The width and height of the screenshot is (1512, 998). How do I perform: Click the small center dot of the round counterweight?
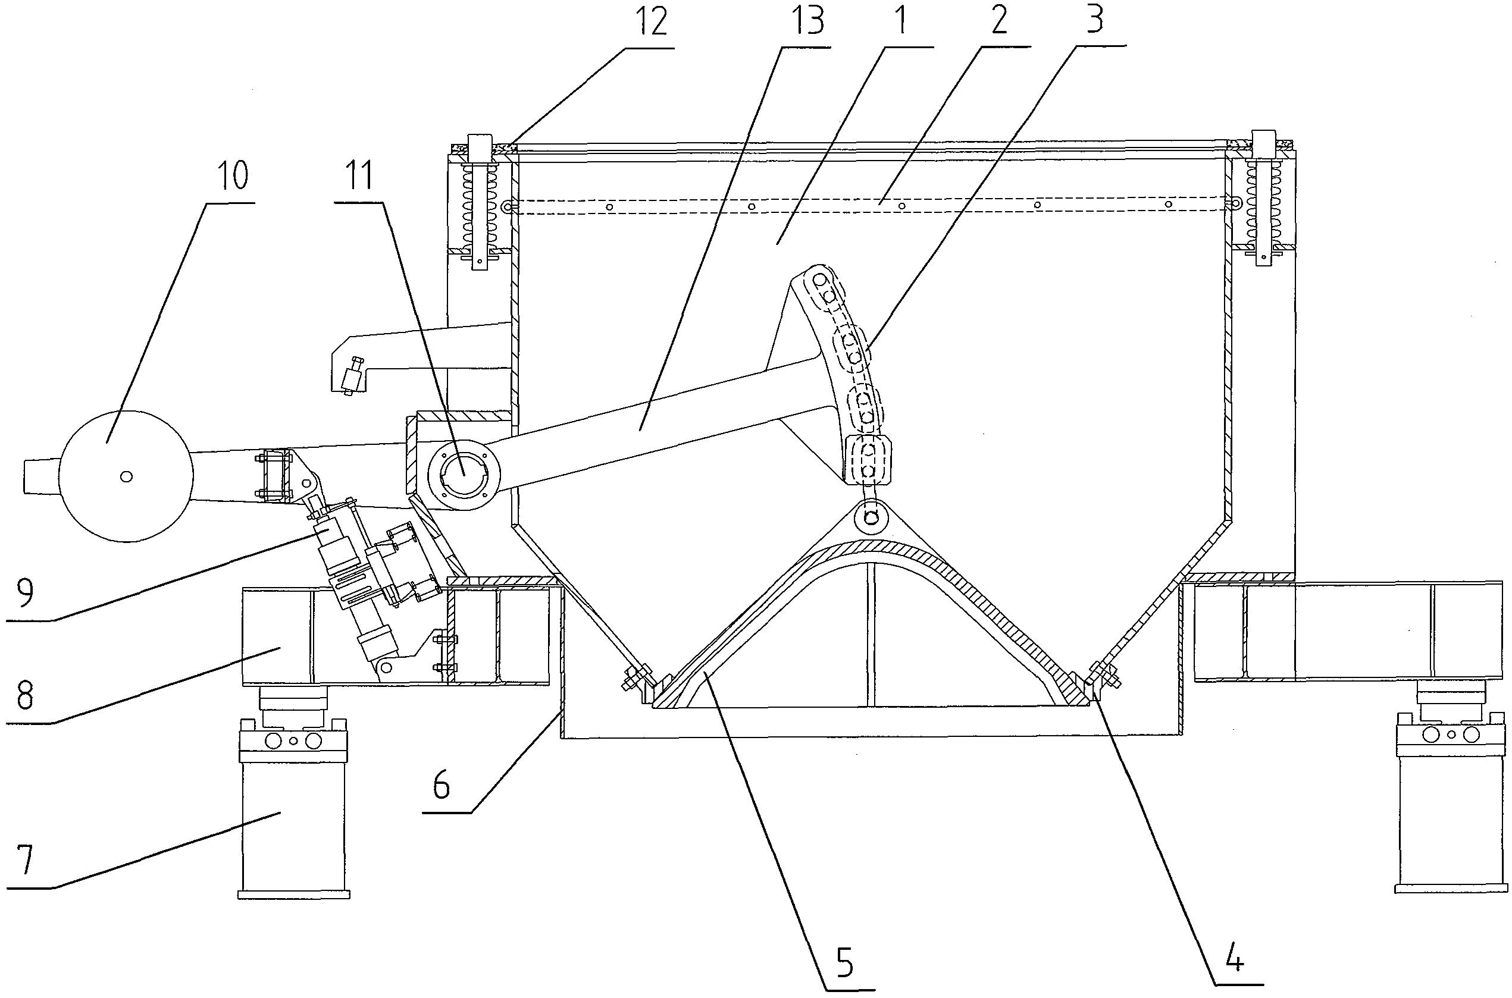(126, 475)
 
